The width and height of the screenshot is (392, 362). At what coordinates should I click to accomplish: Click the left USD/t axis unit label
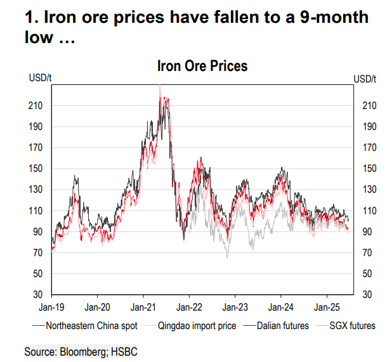coord(38,78)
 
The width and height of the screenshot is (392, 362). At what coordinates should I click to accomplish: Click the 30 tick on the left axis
coord(37,295)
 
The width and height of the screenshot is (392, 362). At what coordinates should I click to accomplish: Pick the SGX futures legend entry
coord(353,326)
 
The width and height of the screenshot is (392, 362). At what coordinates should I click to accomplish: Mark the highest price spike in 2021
coord(160,86)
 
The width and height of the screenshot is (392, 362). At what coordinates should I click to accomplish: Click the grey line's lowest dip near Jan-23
coord(226,257)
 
